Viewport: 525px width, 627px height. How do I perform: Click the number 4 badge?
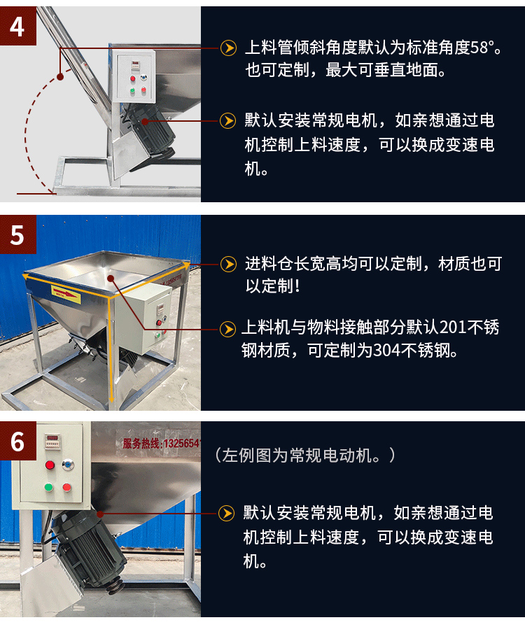[x=17, y=26]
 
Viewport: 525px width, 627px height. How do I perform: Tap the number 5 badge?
[x=17, y=234]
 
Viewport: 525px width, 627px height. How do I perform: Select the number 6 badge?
[x=17, y=442]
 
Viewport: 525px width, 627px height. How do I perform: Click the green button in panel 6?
[x=49, y=487]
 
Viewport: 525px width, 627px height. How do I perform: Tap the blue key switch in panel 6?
[x=68, y=464]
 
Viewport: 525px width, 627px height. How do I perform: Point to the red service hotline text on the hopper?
[x=161, y=443]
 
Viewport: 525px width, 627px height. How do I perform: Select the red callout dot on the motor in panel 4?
[x=146, y=120]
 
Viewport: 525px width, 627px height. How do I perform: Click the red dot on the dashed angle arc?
[x=60, y=74]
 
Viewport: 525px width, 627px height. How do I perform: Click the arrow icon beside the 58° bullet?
[x=228, y=48]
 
